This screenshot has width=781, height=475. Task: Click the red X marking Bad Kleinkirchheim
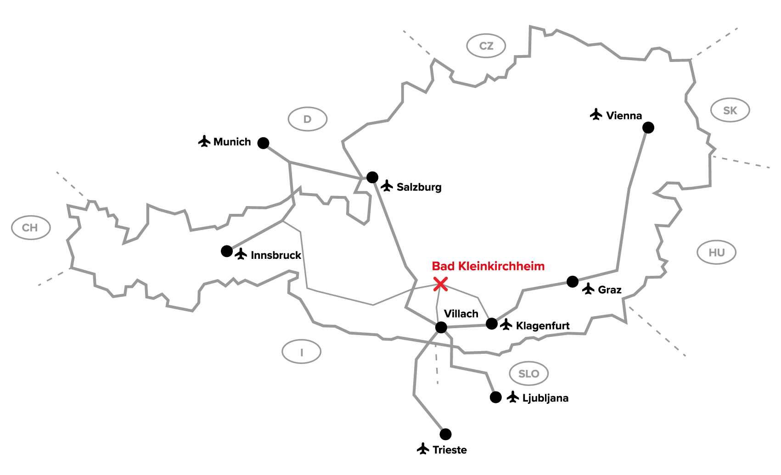pos(440,284)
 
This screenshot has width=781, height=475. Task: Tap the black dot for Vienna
pos(648,128)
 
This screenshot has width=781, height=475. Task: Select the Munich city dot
pos(263,143)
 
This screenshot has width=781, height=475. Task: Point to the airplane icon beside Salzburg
pos(387,186)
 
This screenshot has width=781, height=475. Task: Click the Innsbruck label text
pos(275,255)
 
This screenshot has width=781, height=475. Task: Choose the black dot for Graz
pos(572,282)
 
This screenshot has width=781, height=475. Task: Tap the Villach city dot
pos(441,327)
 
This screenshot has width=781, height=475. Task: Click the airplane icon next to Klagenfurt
pos(506,324)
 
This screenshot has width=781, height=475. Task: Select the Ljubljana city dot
pos(495,397)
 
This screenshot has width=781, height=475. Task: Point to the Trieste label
pos(449,450)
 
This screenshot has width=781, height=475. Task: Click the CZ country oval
pos(486,46)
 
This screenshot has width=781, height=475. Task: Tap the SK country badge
pos(730,110)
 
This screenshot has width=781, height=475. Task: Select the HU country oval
pos(716,252)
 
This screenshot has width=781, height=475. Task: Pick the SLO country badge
pos(528,374)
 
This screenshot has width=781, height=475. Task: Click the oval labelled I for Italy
pos(301,352)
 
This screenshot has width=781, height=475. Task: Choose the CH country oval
pos(30,228)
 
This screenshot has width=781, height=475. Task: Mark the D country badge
pos(307,119)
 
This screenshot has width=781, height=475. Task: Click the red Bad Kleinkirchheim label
pos(488,266)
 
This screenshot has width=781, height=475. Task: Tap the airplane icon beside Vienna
pos(596,114)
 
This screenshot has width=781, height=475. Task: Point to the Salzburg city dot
pos(372,177)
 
